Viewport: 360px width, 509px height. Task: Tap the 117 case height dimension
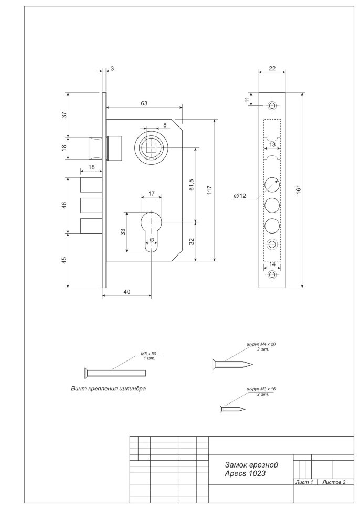pyautogui.click(x=209, y=189)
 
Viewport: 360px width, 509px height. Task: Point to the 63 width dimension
pyautogui.click(x=144, y=104)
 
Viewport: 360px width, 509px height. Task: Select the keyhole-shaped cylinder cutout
pyautogui.click(x=151, y=230)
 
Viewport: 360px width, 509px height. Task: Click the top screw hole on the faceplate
pyautogui.click(x=271, y=107)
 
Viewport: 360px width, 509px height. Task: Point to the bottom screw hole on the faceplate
pyautogui.click(x=271, y=274)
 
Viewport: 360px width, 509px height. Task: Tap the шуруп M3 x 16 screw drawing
pyautogui.click(x=233, y=408)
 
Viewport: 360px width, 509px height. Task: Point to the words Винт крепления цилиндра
pyautogui.click(x=108, y=389)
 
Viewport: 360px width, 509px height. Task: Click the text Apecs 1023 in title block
pyautogui.click(x=245, y=474)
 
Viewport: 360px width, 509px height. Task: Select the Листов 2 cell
pyautogui.click(x=334, y=482)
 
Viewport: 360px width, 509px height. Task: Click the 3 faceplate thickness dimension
pyautogui.click(x=112, y=69)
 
